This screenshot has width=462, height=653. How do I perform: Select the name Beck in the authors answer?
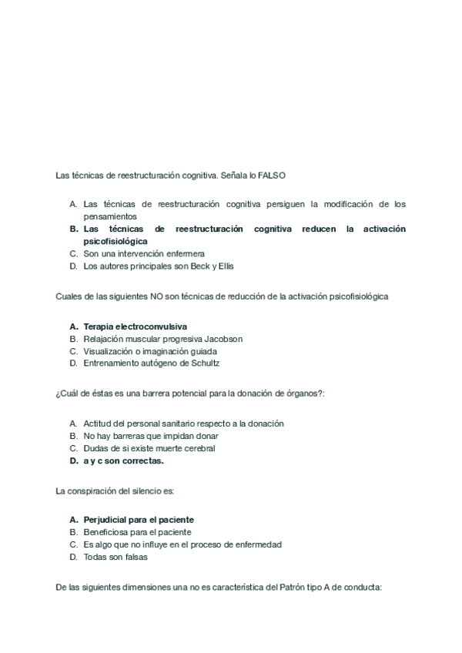(189, 266)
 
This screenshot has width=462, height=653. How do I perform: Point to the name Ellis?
(223, 266)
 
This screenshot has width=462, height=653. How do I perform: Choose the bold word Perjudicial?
(106, 520)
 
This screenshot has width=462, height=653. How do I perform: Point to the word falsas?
(133, 557)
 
